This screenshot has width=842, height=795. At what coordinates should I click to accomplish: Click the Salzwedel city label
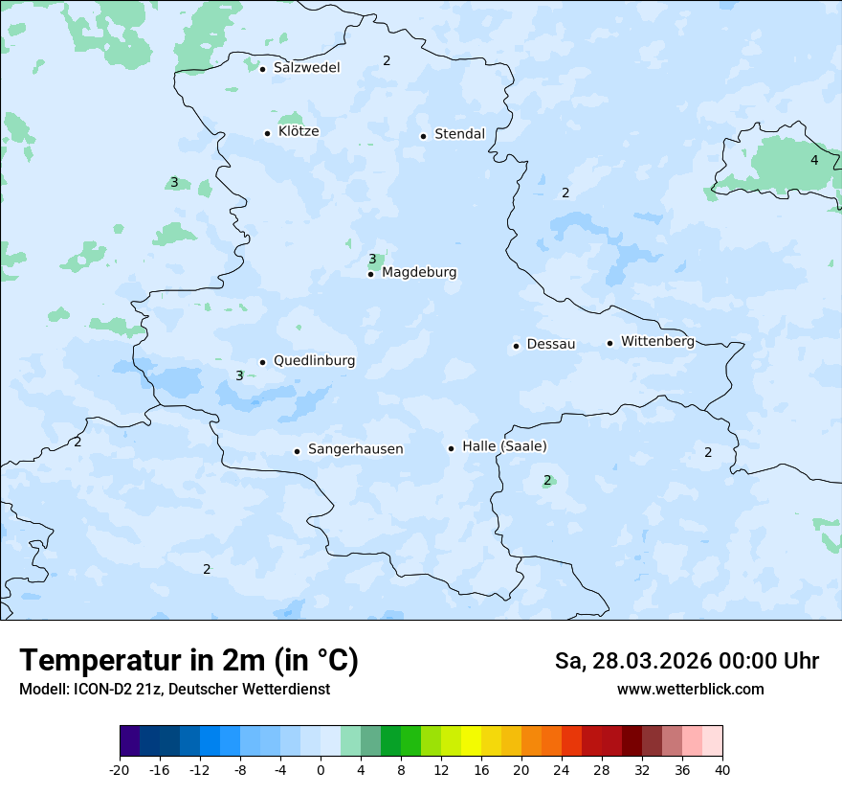tap(306, 68)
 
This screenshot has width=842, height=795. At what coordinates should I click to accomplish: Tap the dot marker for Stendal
tap(423, 135)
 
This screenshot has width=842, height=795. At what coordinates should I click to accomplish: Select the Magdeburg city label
tap(419, 273)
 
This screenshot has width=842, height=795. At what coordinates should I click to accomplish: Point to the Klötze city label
tap(299, 132)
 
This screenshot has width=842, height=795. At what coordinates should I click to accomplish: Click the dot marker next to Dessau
tap(516, 346)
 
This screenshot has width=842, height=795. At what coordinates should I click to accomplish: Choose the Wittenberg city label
tap(657, 342)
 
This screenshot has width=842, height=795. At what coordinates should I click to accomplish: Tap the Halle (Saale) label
tap(504, 447)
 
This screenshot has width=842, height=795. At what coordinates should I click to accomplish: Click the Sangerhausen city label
tap(355, 449)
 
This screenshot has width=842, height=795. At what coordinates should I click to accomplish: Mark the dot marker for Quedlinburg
tap(262, 362)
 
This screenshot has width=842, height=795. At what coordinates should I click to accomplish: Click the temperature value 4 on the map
tap(814, 160)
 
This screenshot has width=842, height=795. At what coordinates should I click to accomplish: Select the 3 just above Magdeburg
tap(372, 259)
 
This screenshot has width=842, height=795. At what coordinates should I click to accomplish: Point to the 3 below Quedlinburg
tap(239, 376)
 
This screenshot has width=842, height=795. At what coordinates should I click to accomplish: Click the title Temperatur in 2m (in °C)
tap(188, 661)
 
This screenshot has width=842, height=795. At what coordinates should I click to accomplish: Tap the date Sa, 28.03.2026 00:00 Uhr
tap(687, 662)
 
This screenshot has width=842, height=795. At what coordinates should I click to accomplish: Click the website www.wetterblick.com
tap(690, 690)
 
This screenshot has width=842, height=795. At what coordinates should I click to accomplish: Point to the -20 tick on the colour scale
tap(120, 769)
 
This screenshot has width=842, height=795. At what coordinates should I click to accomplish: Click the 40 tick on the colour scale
tap(721, 769)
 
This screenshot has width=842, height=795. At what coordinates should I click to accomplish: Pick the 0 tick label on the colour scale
tap(321, 769)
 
